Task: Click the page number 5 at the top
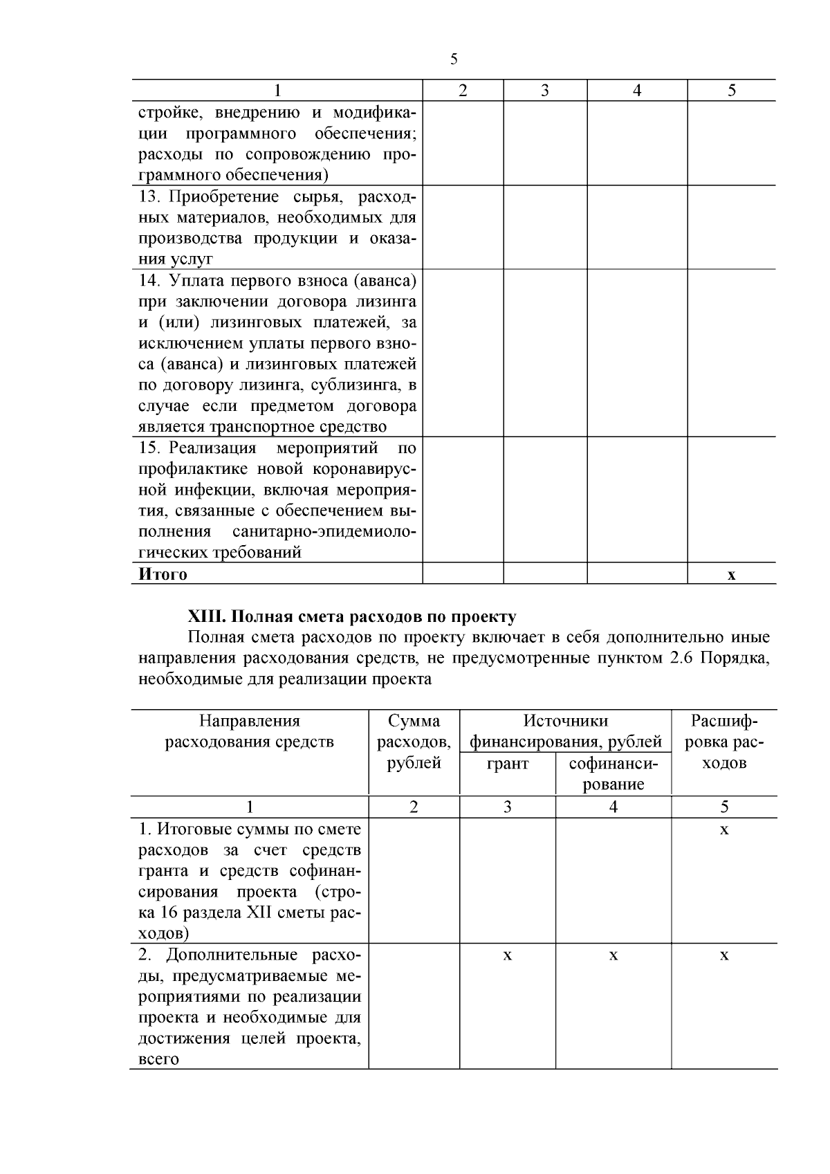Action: coord(454,59)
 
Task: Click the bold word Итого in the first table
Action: coord(163,574)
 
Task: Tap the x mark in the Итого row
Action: coord(731,575)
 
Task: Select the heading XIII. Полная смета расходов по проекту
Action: coord(352,616)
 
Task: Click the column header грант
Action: coord(507,763)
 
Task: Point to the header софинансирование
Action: coord(613,773)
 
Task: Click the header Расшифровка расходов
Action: coord(724,742)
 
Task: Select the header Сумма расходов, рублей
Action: coord(414,742)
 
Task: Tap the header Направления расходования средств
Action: coord(250,732)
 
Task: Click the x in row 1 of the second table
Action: coord(724,829)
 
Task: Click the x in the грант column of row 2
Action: coord(507,955)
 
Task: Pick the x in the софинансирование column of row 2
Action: coord(613,955)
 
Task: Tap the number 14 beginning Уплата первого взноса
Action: coord(149,281)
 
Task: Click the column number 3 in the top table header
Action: coord(544,91)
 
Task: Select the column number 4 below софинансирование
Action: coord(613,807)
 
